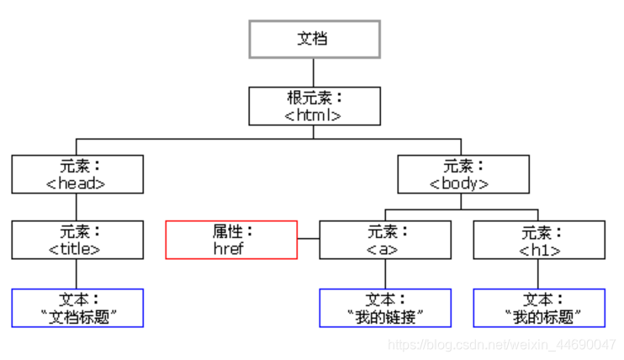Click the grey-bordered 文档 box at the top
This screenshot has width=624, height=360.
point(314,40)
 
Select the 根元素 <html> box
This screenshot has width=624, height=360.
point(314,106)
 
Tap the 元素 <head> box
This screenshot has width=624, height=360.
point(77,173)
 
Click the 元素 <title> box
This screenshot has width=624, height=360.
point(77,240)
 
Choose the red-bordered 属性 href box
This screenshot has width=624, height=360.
point(231,240)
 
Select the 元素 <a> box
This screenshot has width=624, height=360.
point(385,240)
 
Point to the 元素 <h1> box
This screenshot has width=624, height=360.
point(539,240)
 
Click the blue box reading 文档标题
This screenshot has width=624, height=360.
point(77,308)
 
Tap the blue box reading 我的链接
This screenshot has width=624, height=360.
point(385,308)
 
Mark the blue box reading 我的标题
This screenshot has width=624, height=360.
point(539,308)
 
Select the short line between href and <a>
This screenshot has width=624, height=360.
point(309,240)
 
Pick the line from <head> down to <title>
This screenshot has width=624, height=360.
point(77,207)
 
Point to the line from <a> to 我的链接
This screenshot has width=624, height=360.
point(385,273)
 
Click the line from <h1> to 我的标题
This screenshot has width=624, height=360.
point(539,273)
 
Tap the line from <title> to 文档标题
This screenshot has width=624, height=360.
point(77,273)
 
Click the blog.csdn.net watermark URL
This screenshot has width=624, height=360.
point(503,345)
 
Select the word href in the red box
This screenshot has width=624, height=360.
point(229,249)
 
